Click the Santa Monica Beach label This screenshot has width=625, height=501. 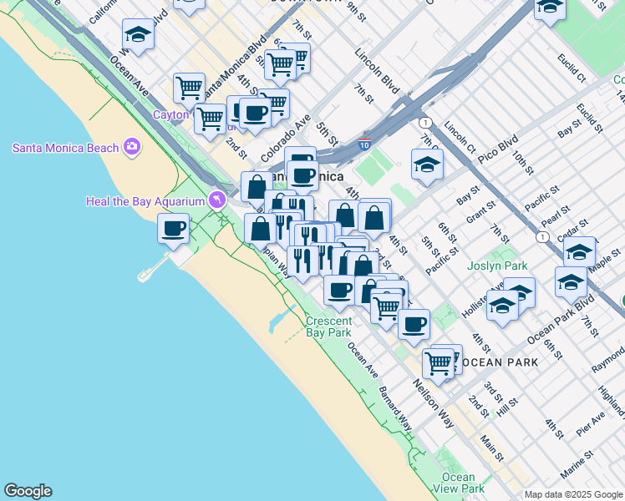point(65,148)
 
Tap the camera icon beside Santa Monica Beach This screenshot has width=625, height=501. point(132,148)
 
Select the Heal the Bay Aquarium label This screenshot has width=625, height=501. point(145,201)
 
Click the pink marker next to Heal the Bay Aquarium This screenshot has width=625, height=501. point(217,200)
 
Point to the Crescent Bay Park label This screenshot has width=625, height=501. point(328,326)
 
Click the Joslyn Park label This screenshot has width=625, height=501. point(505,266)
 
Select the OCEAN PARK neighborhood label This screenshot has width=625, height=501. point(500,362)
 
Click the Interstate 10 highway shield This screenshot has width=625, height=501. point(364,144)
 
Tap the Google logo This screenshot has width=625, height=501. point(28,491)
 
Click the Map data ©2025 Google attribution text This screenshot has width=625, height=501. point(573,494)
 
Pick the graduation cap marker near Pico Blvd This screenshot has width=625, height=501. point(426,164)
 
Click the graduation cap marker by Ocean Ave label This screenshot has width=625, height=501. point(138,35)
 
